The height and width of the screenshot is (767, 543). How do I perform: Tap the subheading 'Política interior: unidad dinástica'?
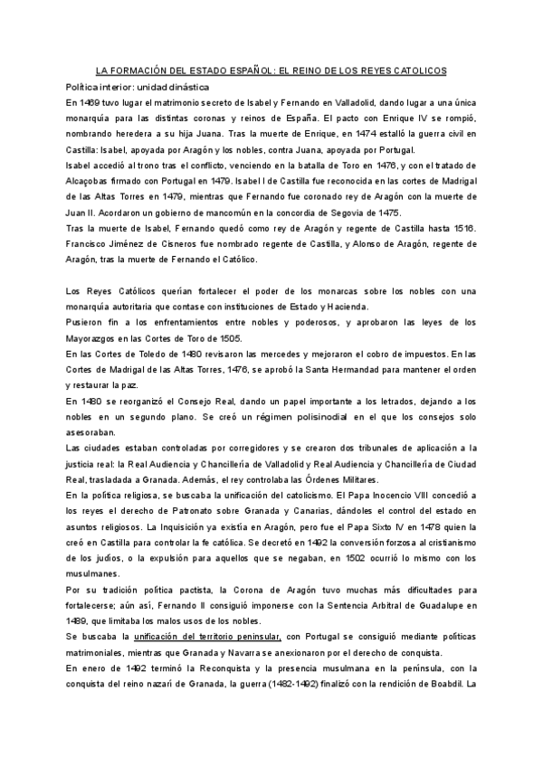click(x=138, y=87)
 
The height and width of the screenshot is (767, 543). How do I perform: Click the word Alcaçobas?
click(x=93, y=182)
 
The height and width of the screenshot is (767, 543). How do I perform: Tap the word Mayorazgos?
click(x=95, y=336)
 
